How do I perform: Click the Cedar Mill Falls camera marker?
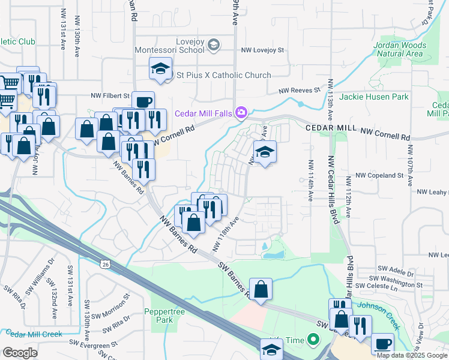point(241,112)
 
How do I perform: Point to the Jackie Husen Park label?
point(374,97)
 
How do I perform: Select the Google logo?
point(20,353)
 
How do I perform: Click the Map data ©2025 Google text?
point(412,355)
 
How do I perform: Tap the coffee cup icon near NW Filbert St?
point(142,101)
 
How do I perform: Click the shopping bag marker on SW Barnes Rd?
point(261,290)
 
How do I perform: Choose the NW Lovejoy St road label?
point(262,51)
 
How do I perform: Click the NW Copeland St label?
point(379,175)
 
